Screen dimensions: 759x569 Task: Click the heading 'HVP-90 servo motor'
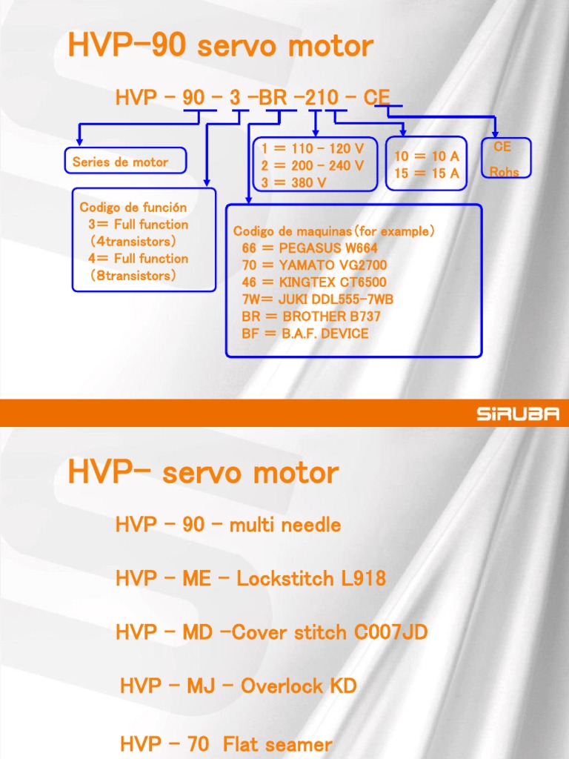click(220, 46)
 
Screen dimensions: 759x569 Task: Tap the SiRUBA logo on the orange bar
click(517, 414)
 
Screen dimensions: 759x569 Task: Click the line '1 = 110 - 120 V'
click(312, 148)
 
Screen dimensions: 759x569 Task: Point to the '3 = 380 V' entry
click(293, 182)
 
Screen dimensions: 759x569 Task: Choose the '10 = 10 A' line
click(426, 156)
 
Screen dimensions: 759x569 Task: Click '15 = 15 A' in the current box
click(426, 173)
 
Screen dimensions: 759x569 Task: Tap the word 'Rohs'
click(504, 172)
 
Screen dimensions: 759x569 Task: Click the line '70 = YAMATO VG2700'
click(314, 265)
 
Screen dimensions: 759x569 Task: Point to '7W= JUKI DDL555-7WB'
click(317, 299)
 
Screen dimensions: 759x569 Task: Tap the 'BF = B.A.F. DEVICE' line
click(305, 333)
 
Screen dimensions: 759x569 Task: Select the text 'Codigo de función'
click(133, 208)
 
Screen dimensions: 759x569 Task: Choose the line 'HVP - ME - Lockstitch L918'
click(250, 579)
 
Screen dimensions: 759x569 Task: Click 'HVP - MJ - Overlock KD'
click(238, 686)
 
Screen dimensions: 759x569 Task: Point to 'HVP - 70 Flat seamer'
click(226, 743)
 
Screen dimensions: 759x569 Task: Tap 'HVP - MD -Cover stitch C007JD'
click(271, 632)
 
